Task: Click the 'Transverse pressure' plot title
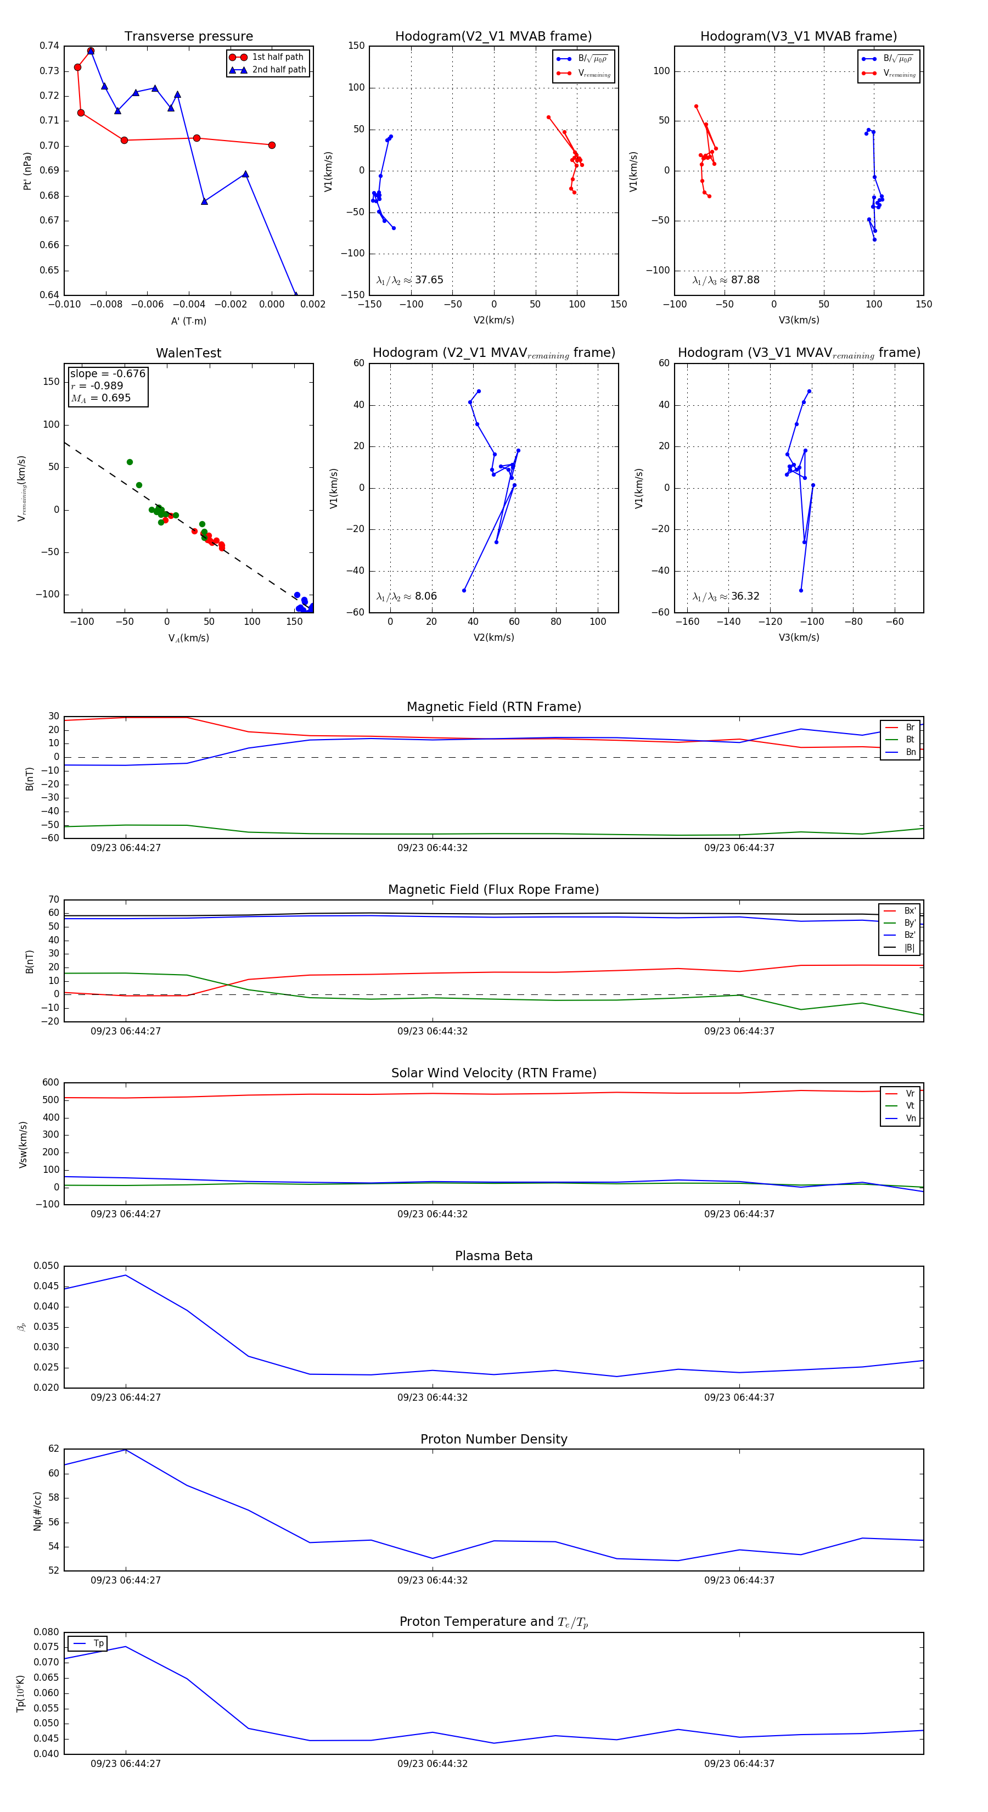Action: [188, 37]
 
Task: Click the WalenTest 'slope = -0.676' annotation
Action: [107, 373]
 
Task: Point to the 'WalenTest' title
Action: [188, 353]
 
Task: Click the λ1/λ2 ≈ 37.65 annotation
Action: [410, 280]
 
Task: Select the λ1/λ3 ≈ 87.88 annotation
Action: [726, 280]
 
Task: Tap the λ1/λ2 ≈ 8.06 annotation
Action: [406, 596]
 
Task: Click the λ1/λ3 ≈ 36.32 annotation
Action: [726, 596]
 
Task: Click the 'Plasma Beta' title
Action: [493, 1256]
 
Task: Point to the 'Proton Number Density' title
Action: [493, 1439]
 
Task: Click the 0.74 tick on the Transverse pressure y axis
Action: [49, 47]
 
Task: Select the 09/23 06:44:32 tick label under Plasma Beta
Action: [432, 1397]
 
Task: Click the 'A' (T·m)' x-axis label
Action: [188, 321]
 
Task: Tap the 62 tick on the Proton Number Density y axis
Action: [54, 1449]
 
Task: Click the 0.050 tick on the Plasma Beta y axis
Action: [47, 1266]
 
